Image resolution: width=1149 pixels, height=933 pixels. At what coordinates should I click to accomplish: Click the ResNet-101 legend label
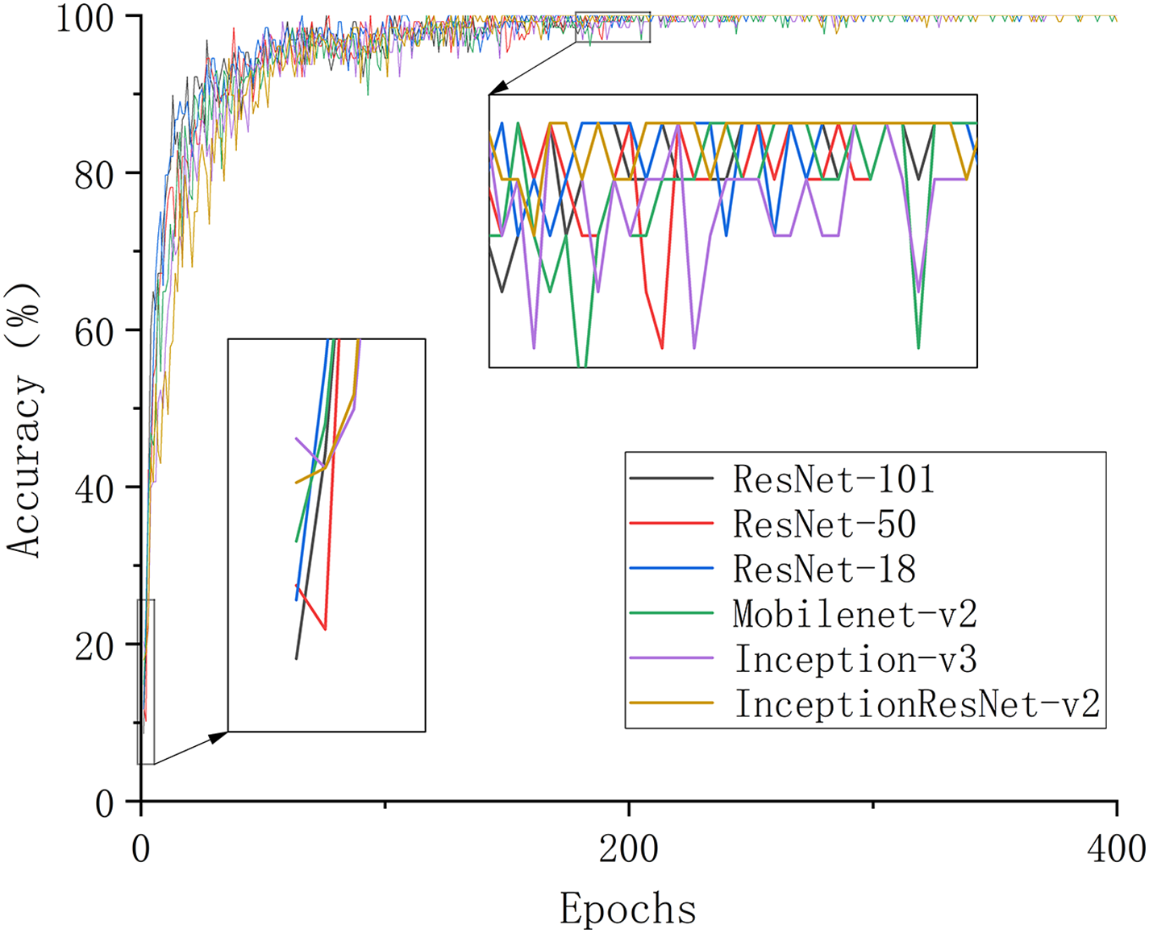(833, 479)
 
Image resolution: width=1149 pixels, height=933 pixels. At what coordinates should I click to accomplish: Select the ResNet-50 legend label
(824, 525)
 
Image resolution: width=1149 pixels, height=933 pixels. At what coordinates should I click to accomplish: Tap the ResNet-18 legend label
(824, 570)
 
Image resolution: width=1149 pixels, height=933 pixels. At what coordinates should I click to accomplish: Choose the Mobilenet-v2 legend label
(855, 615)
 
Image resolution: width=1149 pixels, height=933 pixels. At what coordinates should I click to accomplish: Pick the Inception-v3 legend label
(855, 660)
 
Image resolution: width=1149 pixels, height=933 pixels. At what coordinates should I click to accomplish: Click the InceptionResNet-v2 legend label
(917, 705)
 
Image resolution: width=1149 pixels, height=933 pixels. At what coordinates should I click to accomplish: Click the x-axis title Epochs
(628, 909)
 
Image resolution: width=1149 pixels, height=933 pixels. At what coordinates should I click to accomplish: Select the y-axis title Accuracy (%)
(24, 419)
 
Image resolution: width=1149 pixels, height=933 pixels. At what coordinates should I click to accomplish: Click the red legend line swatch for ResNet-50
(671, 524)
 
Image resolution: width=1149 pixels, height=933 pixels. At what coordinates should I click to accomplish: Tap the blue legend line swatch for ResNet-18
(671, 569)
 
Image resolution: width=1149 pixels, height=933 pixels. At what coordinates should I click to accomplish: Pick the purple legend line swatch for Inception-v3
(671, 659)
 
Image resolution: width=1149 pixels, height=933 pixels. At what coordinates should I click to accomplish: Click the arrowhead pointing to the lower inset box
(219, 736)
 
